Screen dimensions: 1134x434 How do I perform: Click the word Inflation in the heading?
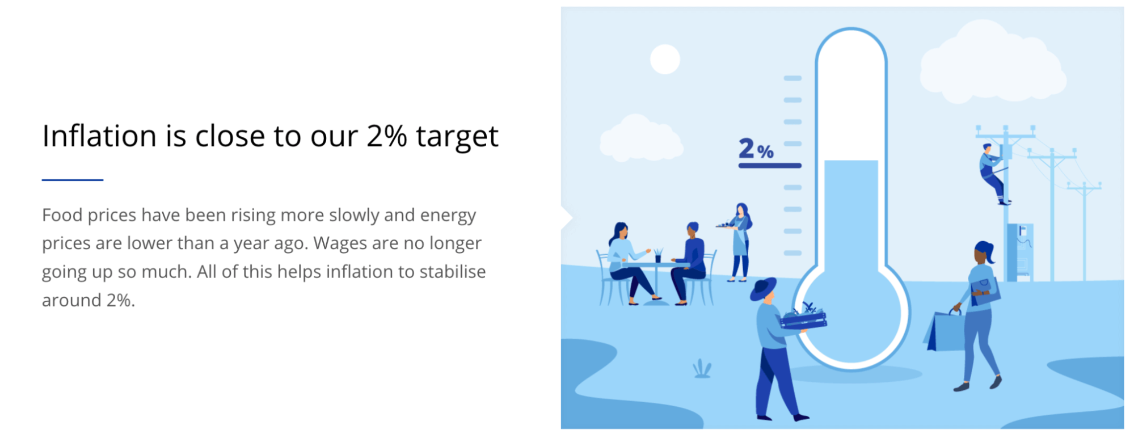point(99,136)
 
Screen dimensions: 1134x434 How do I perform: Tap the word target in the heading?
point(457,138)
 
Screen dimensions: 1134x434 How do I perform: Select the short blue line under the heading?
point(73,180)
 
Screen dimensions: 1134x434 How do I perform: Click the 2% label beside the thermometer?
point(756,149)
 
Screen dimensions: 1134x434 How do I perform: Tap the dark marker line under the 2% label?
point(770,166)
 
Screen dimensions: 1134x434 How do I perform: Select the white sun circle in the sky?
point(665,60)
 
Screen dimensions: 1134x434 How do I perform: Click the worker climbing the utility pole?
point(993,174)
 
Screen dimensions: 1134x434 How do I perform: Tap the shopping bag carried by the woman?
point(945,331)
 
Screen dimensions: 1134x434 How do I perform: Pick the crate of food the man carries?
point(803,318)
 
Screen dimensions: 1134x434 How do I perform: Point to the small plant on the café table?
point(658,255)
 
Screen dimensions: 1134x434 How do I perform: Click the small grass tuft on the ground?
point(702,369)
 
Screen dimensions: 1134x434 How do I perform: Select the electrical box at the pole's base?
point(1019,252)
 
